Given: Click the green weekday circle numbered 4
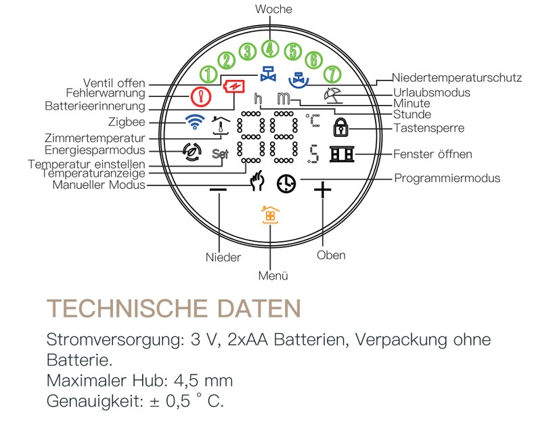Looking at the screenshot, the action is (x=271, y=49).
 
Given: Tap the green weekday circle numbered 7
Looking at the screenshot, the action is (x=332, y=73).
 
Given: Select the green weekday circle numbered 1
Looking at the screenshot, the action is (x=210, y=73).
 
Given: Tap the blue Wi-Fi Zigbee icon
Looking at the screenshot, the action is (x=195, y=122).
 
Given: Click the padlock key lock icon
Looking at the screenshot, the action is (x=338, y=127).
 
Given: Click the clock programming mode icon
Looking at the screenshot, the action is (x=286, y=182).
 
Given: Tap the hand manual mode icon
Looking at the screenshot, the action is (x=257, y=181).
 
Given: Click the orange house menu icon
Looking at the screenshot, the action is (x=269, y=215).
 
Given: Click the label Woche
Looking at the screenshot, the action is (x=273, y=9).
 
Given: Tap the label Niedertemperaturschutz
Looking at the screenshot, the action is (x=458, y=78).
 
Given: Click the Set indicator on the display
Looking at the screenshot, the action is (x=220, y=153).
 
